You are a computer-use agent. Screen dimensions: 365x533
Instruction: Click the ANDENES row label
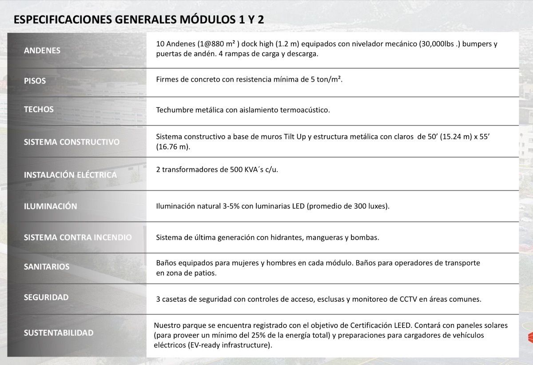[42, 51]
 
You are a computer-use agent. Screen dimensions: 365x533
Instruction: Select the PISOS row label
[35, 81]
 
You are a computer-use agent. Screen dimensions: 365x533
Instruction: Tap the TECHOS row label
[39, 110]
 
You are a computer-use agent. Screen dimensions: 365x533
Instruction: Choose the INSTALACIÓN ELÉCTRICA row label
[70, 175]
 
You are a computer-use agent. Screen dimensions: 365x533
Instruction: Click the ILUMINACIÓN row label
[50, 206]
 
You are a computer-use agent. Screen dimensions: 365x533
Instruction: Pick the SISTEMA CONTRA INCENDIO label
[78, 237]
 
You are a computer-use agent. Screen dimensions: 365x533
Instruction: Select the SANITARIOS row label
[46, 267]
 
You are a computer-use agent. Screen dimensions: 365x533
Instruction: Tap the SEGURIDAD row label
[46, 297]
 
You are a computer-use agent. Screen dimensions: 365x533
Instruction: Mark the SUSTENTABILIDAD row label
[59, 333]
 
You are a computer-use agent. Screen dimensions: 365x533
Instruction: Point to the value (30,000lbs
[438, 44]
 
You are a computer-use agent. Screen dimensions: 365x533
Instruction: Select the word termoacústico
[307, 110]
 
